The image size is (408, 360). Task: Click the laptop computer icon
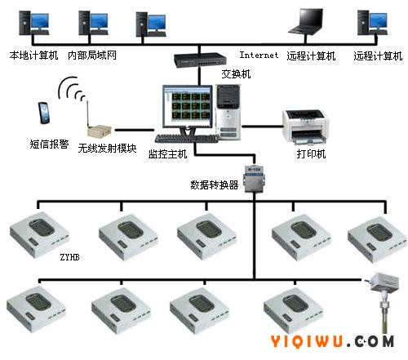coord(306,22)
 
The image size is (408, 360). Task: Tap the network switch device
coord(200,60)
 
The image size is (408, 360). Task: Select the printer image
coord(305,127)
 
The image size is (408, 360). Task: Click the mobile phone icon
coord(44,113)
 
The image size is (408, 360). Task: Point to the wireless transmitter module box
coord(99,131)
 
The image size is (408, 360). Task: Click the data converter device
coord(255,178)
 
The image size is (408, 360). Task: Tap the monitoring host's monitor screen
coord(188,107)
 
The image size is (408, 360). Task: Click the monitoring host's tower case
coord(228,112)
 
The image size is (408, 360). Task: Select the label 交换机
coord(236,74)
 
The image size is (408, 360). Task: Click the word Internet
coord(259,55)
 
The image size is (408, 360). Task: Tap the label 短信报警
coord(49,144)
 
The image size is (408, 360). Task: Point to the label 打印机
coord(311,153)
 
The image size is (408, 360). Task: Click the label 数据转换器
coord(215,185)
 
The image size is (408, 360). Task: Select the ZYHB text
coord(70,257)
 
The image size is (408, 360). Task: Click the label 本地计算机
coord(33,56)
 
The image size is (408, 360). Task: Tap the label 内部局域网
coord(92,56)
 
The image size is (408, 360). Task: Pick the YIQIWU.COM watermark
coord(332,341)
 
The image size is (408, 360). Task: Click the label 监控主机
coord(167,154)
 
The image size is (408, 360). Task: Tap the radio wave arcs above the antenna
coord(71,88)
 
